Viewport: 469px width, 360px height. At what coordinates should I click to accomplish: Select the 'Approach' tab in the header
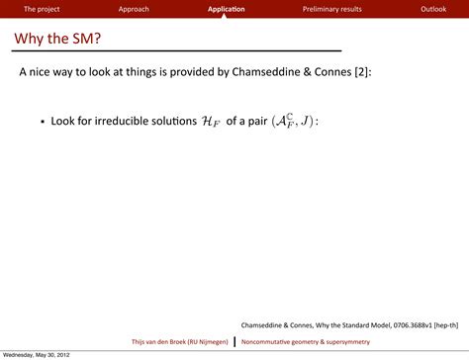(134, 9)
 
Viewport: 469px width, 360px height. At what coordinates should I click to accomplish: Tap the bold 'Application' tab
(227, 9)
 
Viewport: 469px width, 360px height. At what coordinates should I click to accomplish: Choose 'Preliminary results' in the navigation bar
(331, 9)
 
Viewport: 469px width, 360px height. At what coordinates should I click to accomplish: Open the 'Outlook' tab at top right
(433, 9)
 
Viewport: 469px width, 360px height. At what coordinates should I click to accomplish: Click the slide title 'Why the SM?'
(58, 39)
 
